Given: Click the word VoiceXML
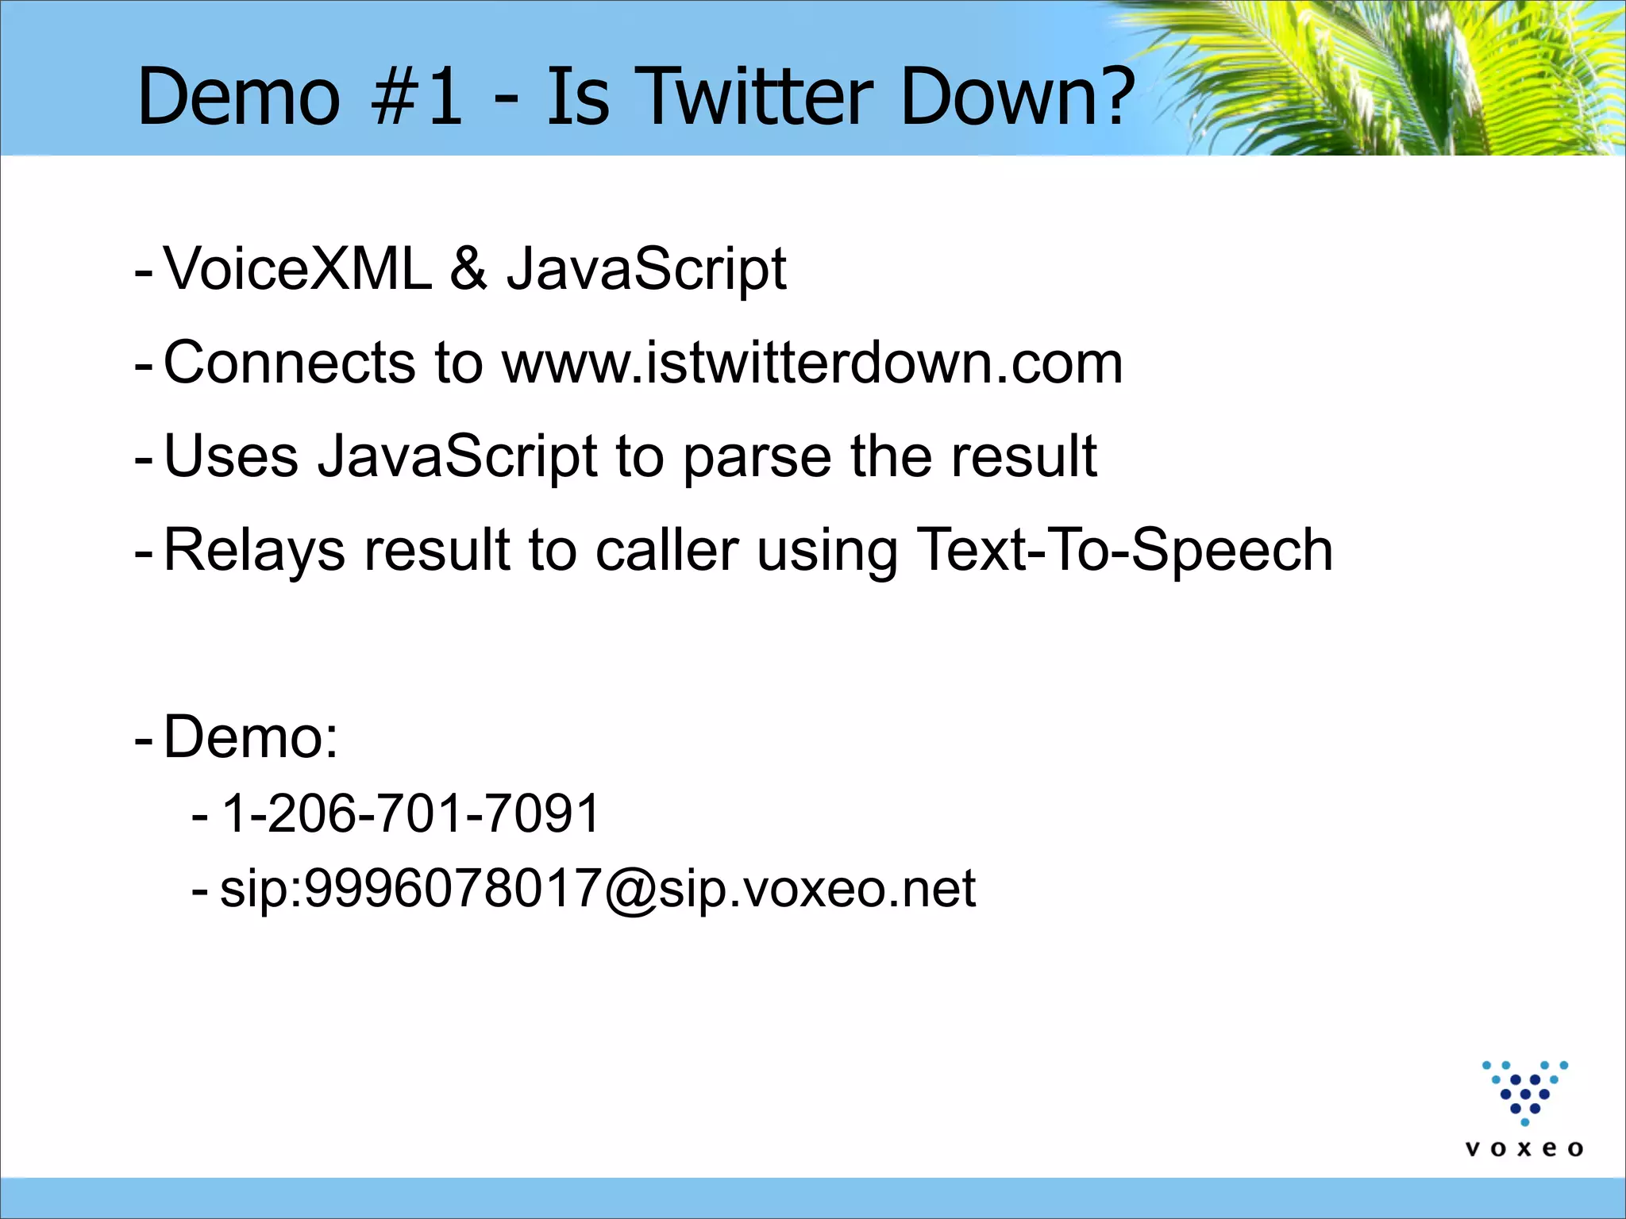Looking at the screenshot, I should (x=298, y=269).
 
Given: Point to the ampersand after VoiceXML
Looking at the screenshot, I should (x=468, y=269).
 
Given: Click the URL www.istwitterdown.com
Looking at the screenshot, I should (x=812, y=363).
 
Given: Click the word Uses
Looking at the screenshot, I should (x=231, y=456).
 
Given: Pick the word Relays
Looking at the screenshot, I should (x=254, y=550).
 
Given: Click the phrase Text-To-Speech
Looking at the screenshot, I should (x=1124, y=550).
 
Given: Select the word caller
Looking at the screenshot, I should (x=667, y=550).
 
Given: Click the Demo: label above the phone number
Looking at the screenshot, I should (x=251, y=737).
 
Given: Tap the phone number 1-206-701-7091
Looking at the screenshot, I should (x=410, y=813).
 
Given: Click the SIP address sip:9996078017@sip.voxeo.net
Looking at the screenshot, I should (x=597, y=889).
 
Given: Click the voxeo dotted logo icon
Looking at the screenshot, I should (x=1524, y=1092).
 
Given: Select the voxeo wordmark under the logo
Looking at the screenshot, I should (x=1524, y=1149).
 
